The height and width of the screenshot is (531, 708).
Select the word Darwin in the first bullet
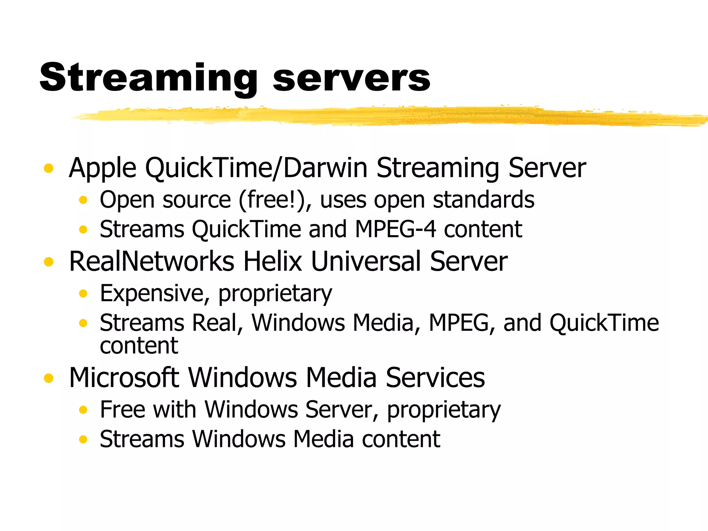tap(325, 168)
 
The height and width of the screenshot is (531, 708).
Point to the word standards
tap(484, 200)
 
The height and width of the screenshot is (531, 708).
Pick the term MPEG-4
tap(395, 230)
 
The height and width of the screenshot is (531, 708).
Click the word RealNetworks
tap(152, 262)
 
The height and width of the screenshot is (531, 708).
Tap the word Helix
tap(273, 262)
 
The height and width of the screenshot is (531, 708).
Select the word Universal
tap(366, 262)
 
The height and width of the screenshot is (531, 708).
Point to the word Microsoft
tap(124, 378)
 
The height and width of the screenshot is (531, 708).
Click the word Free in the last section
tap(123, 410)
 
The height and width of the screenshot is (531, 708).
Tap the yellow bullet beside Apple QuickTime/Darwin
tap(49, 168)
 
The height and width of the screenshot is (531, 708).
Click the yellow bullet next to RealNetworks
tap(49, 262)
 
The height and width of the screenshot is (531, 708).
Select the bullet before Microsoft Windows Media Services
tap(49, 378)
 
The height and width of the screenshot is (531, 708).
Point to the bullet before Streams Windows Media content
tap(83, 439)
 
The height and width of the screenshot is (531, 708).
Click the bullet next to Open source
tap(83, 200)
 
